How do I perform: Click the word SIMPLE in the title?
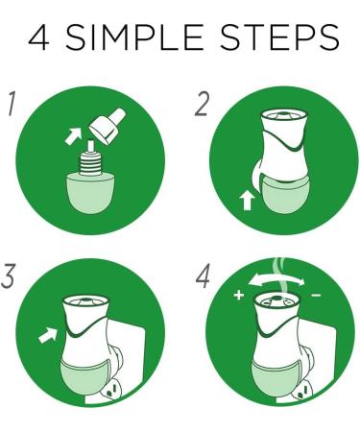point(134,37)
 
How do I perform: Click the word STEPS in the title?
point(280,37)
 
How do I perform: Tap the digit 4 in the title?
point(39,37)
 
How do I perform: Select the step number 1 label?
point(12,104)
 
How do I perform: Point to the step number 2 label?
point(202,104)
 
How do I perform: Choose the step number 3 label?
point(8,276)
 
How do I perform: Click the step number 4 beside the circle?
point(203,276)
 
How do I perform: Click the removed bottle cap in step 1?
point(108,126)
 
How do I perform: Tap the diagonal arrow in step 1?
point(73,136)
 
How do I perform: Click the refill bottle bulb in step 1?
point(91,193)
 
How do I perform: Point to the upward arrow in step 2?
point(247,200)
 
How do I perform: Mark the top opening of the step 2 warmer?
point(284,115)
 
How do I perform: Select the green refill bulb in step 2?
point(285,195)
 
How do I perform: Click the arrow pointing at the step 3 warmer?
point(48,335)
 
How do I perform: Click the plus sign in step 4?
point(239,295)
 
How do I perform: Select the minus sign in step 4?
point(316,295)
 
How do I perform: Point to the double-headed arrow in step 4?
point(276,280)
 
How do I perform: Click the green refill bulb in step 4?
point(275,378)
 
